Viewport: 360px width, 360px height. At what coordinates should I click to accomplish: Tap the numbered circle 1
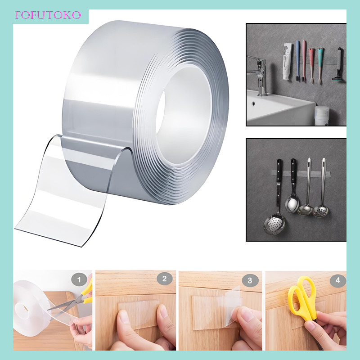[79, 280]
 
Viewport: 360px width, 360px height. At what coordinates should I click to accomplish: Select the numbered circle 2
[164, 279]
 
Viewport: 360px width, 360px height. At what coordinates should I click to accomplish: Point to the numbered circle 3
[250, 280]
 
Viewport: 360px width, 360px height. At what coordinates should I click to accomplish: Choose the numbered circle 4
[337, 280]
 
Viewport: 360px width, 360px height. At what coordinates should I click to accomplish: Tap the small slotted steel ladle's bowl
[320, 210]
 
